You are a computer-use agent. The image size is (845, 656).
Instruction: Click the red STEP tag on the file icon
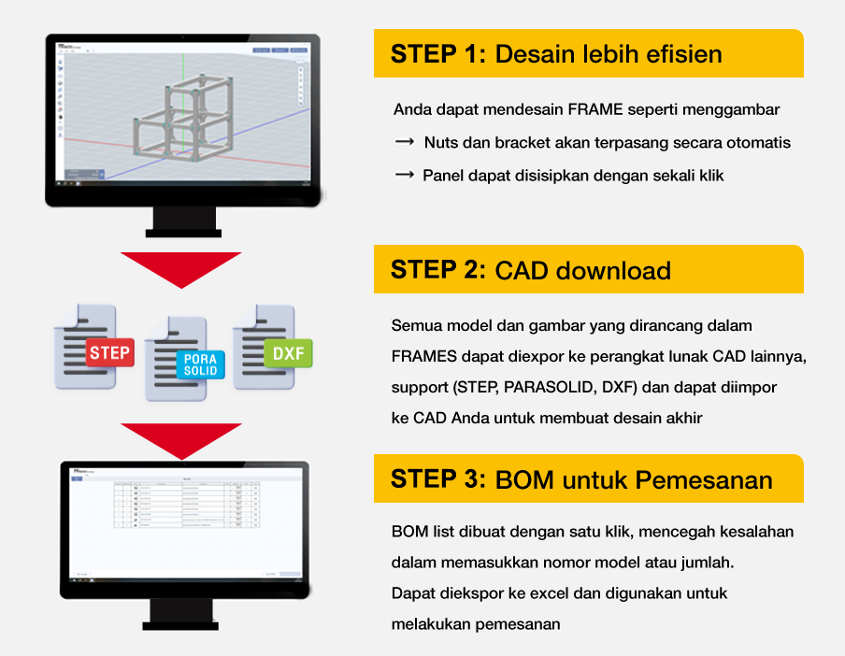110,353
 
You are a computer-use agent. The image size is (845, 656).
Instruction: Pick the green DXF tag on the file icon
288,353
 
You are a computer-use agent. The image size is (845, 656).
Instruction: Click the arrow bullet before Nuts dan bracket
405,142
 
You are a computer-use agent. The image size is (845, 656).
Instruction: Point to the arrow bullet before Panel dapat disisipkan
405,175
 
